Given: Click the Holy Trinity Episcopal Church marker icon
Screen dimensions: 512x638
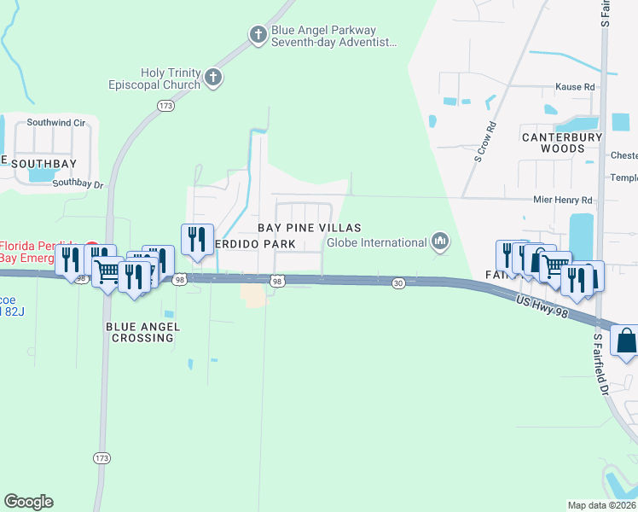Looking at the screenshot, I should pyautogui.click(x=213, y=79).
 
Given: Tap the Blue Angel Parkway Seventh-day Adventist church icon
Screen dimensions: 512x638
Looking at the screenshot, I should pyautogui.click(x=258, y=35).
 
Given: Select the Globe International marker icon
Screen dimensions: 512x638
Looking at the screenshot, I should pyautogui.click(x=440, y=242).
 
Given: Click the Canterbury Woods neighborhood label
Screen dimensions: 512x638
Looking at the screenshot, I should pyautogui.click(x=561, y=143).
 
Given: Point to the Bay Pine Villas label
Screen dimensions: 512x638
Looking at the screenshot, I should pyautogui.click(x=310, y=228).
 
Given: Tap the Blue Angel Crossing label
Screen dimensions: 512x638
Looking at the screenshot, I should pyautogui.click(x=140, y=332).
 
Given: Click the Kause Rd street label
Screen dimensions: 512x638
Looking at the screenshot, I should pyautogui.click(x=574, y=87).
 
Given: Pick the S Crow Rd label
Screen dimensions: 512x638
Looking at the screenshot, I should pyautogui.click(x=485, y=143).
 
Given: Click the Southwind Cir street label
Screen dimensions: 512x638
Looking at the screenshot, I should pyautogui.click(x=56, y=123).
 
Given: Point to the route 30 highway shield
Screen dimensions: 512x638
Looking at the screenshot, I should pyautogui.click(x=398, y=282).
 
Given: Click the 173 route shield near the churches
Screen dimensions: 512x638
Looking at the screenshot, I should pyautogui.click(x=165, y=105).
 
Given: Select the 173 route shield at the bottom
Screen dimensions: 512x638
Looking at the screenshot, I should pyautogui.click(x=102, y=458).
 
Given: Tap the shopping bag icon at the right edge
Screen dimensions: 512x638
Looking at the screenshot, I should pyautogui.click(x=625, y=341).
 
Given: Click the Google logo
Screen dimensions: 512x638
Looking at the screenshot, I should pyautogui.click(x=28, y=502).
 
